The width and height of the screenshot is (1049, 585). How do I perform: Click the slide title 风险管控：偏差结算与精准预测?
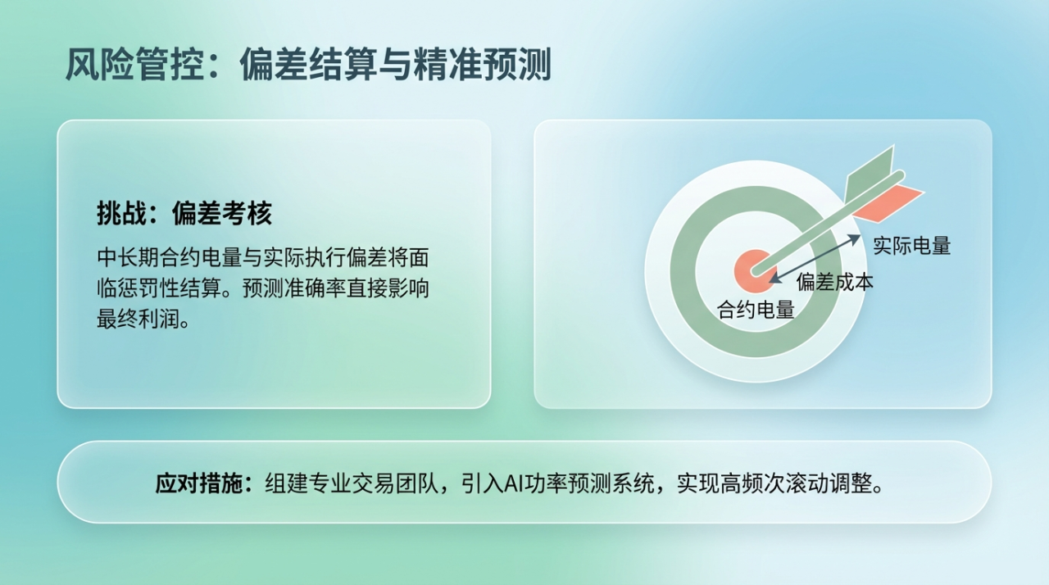[x=308, y=65]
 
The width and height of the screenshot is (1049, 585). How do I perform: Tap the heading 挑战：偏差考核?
[x=184, y=213]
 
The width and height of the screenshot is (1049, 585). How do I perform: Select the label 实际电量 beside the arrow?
[x=912, y=246]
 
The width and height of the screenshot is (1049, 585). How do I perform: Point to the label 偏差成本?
[x=835, y=282]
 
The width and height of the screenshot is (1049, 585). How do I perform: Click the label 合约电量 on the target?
[x=756, y=310]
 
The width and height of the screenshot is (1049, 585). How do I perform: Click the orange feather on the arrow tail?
[x=888, y=202]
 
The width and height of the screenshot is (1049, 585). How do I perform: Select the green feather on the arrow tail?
[x=870, y=173]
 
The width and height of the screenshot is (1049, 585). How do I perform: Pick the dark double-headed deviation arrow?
[x=815, y=259]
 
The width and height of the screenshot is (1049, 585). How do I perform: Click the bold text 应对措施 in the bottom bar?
[x=199, y=483]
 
